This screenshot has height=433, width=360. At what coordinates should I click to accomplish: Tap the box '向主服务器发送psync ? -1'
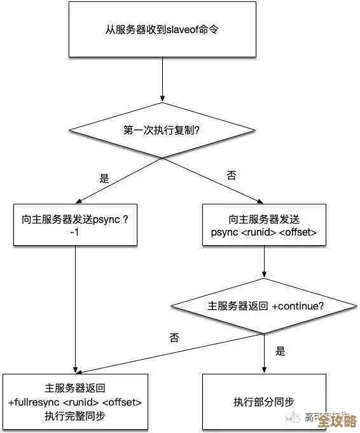[x=75, y=225]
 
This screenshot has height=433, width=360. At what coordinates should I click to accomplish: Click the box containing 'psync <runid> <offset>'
[x=264, y=225]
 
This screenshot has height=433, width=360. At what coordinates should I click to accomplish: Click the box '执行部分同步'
[x=264, y=402]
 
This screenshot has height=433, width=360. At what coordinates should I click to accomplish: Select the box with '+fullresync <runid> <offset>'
[x=75, y=402]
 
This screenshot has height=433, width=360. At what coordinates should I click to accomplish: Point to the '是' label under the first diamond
[x=104, y=178]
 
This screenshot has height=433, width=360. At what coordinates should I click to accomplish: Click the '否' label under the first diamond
[x=232, y=175]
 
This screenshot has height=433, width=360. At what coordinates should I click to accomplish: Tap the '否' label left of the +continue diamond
[x=174, y=337]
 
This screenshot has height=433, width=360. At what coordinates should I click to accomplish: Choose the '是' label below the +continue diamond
[x=280, y=351]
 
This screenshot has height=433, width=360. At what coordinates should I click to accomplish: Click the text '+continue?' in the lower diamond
[x=298, y=306]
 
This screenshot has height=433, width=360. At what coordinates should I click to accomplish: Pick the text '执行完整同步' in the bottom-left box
[x=75, y=416]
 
